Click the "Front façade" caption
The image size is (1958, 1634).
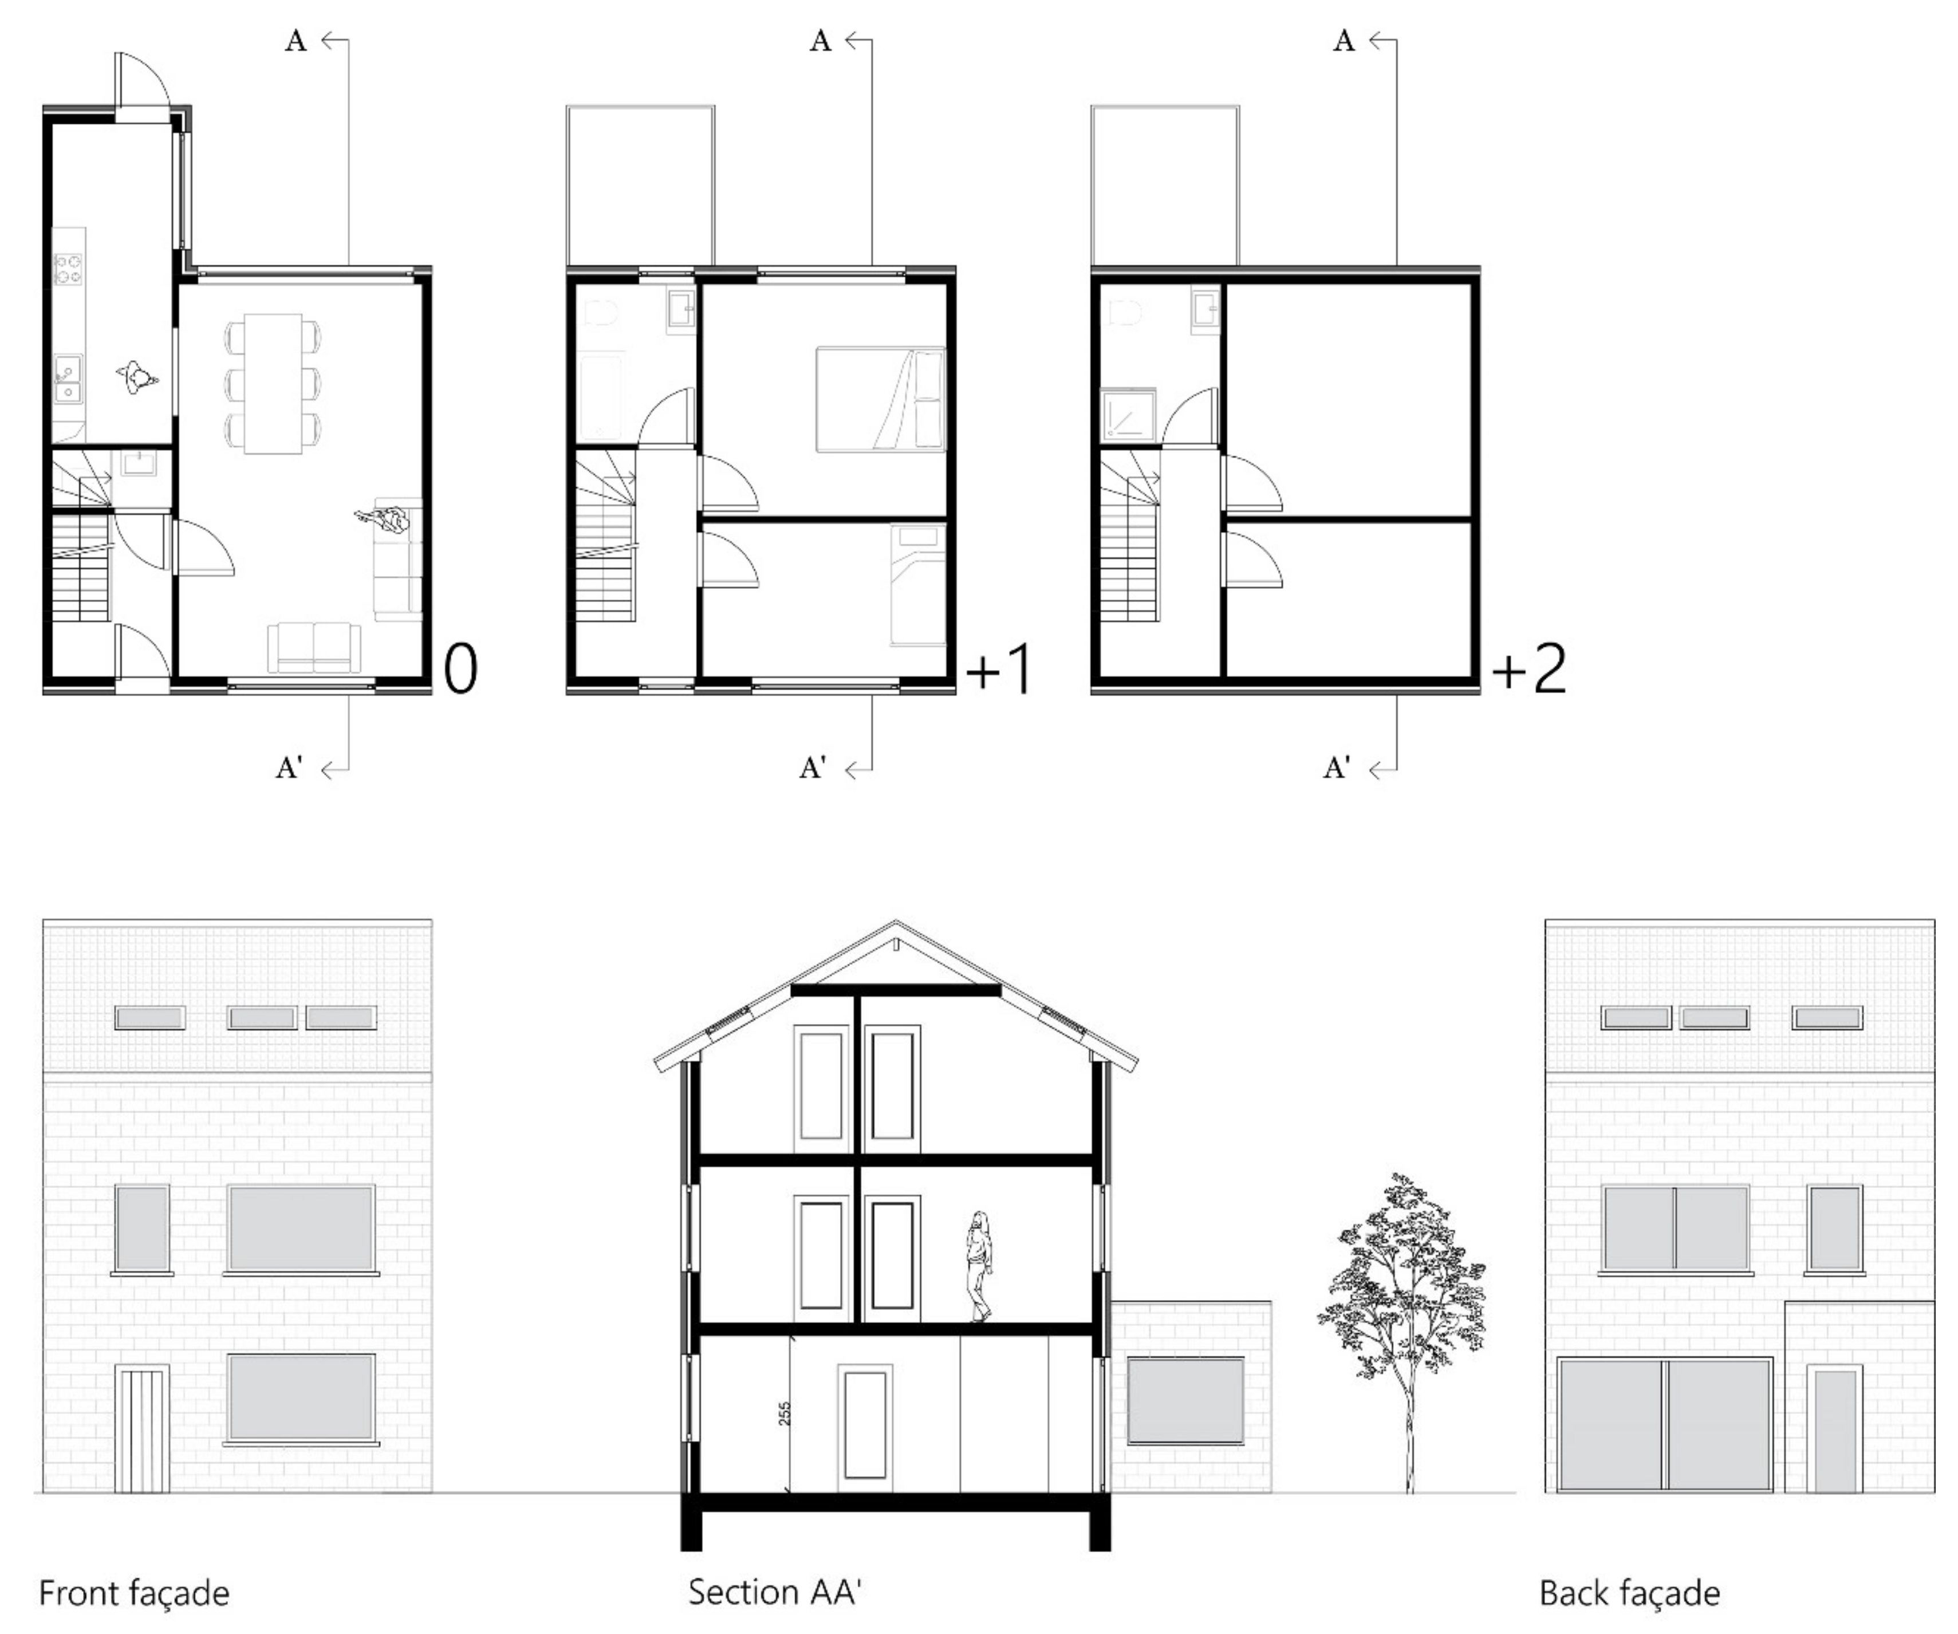pos(134,1593)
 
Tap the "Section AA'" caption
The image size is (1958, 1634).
pos(774,1591)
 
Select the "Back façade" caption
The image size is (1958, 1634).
pos(1629,1593)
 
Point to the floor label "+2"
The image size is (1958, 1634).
pos(1529,669)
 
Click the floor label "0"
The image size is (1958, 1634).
pos(460,669)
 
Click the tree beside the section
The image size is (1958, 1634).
pos(1401,1332)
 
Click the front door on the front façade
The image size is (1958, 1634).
pos(141,1429)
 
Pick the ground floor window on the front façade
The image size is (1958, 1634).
pos(301,1397)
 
